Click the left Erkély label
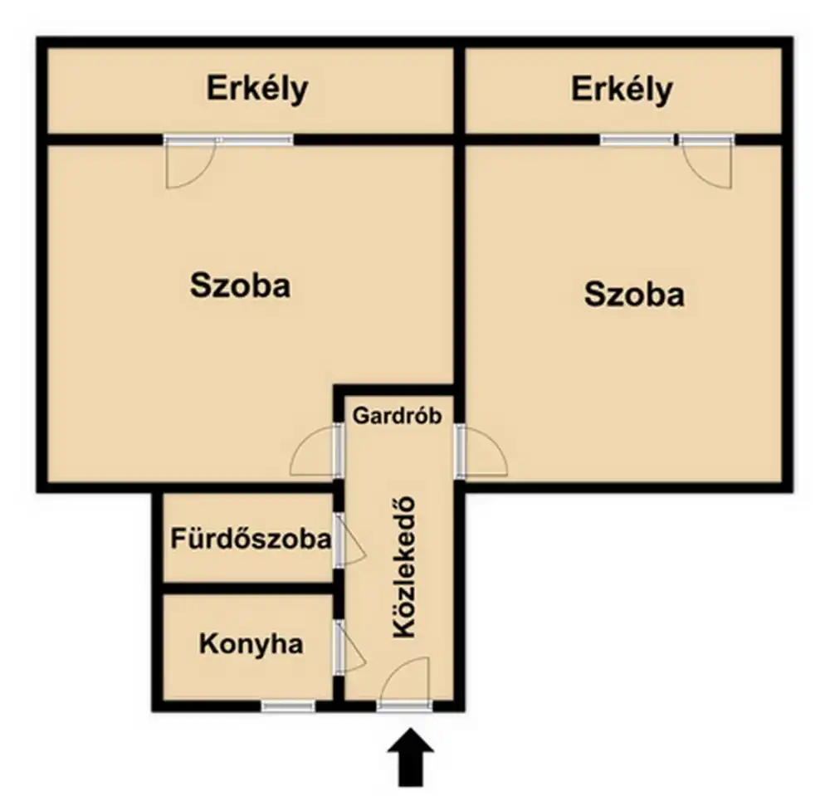(257, 90)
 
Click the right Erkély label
(622, 90)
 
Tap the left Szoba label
(241, 286)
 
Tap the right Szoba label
(634, 295)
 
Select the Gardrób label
(397, 416)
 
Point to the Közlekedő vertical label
(404, 568)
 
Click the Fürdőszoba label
(251, 539)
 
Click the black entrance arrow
(411, 757)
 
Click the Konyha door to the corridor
(349, 647)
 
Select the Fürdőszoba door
(349, 541)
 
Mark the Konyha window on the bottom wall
(289, 706)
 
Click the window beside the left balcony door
(255, 139)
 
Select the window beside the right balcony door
(637, 139)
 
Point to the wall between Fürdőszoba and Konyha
(247, 588)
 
